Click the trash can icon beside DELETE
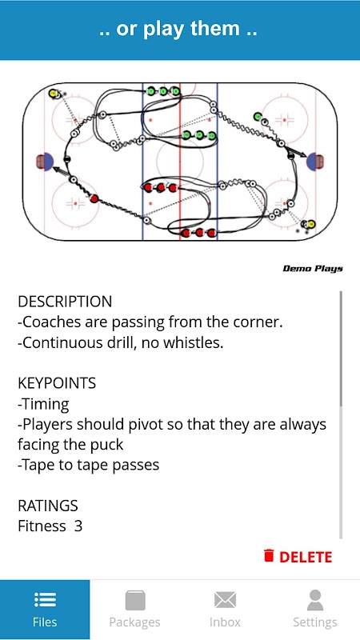[269, 556]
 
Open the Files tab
[45, 610]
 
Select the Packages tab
[134, 610]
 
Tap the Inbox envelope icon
[225, 600]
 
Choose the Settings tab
[314, 610]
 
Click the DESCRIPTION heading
[65, 302]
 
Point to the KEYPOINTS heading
[57, 383]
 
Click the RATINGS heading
[48, 506]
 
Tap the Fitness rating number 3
[78, 526]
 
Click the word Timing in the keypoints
[46, 405]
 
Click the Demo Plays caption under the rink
[313, 269]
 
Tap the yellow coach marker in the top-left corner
[53, 94]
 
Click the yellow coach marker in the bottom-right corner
[311, 224]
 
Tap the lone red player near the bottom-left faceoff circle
[94, 198]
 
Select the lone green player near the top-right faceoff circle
[258, 117]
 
